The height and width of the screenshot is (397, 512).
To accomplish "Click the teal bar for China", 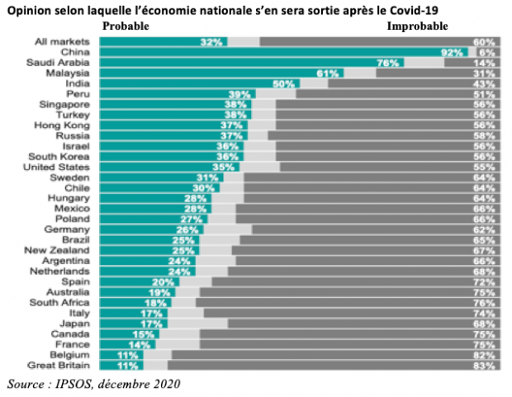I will pos(281,52).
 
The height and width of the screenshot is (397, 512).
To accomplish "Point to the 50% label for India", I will pos(284,84).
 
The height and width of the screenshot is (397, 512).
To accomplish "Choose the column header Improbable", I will pos(417,26).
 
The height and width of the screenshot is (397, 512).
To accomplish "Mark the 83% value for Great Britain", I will pos(484,365).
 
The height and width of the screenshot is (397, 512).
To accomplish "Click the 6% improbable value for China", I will pos(487,52).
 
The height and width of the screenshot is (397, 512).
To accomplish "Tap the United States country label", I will pos(63,167).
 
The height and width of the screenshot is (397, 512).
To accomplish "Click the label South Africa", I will pos(63,303).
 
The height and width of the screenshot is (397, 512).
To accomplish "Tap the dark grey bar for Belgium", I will pos(330,354).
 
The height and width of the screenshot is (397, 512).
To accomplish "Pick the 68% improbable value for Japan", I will pos(484,324).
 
